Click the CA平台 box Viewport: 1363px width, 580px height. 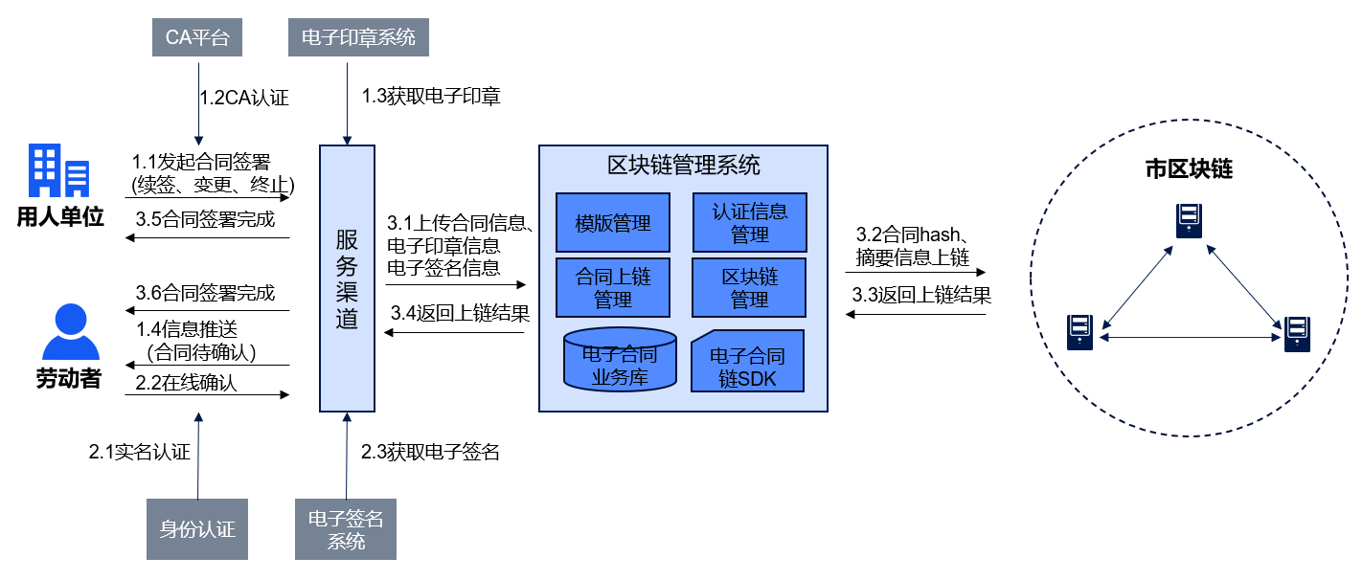coord(197,38)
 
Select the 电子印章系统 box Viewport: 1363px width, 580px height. coord(358,38)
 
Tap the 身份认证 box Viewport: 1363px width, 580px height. coord(197,529)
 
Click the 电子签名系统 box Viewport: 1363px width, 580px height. coord(346,529)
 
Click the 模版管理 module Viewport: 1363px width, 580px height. coord(613,223)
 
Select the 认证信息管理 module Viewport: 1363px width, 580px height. coord(749,223)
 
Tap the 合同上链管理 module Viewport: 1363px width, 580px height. coord(613,287)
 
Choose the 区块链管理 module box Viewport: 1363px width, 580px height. coord(749,287)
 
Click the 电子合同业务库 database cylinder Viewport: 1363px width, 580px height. coord(620,362)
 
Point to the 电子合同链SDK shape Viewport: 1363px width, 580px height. coord(748,362)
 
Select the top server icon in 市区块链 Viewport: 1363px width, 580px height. coord(1189,222)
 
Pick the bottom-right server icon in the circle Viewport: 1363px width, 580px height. coord(1297,332)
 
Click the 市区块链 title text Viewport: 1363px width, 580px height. coord(1189,170)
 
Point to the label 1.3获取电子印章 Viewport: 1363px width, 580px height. coord(430,97)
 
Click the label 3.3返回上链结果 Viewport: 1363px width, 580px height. coord(921,295)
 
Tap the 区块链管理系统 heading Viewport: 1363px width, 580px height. coord(684,165)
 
